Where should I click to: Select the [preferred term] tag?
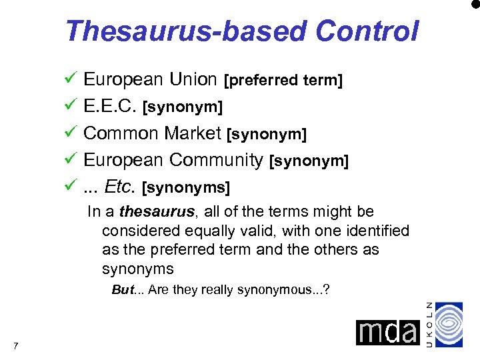[x=283, y=81]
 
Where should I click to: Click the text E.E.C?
[x=111, y=107]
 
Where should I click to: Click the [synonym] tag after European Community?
[x=309, y=162]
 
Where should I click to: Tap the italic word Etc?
[x=121, y=187]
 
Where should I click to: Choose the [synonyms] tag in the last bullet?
[x=187, y=189]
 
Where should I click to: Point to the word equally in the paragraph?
[x=227, y=231]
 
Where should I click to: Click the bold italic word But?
[x=123, y=290]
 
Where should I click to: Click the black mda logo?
[x=387, y=332]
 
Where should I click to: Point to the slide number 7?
[x=15, y=345]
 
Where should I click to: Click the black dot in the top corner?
[x=475, y=5]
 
